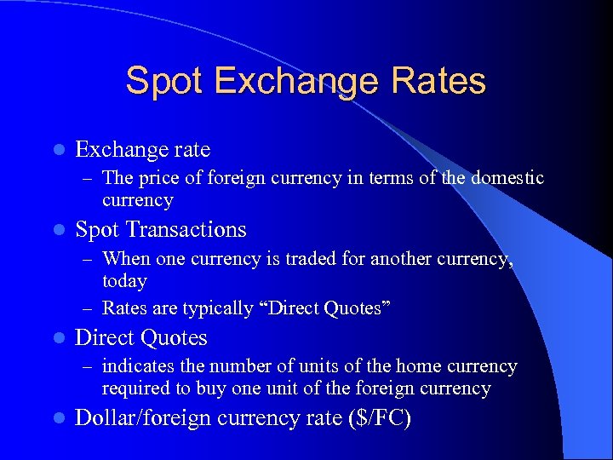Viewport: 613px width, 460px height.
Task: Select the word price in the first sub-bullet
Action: pos(151,178)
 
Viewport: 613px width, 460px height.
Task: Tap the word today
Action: pos(124,281)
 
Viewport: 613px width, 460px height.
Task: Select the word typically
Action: pos(216,308)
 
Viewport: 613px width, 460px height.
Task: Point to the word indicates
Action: pos(134,366)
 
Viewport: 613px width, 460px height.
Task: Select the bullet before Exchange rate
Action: pos(57,150)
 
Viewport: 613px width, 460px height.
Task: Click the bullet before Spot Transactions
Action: pos(57,230)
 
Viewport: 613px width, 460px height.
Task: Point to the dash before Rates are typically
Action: pos(88,308)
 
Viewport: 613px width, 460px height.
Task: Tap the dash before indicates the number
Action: pos(88,366)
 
